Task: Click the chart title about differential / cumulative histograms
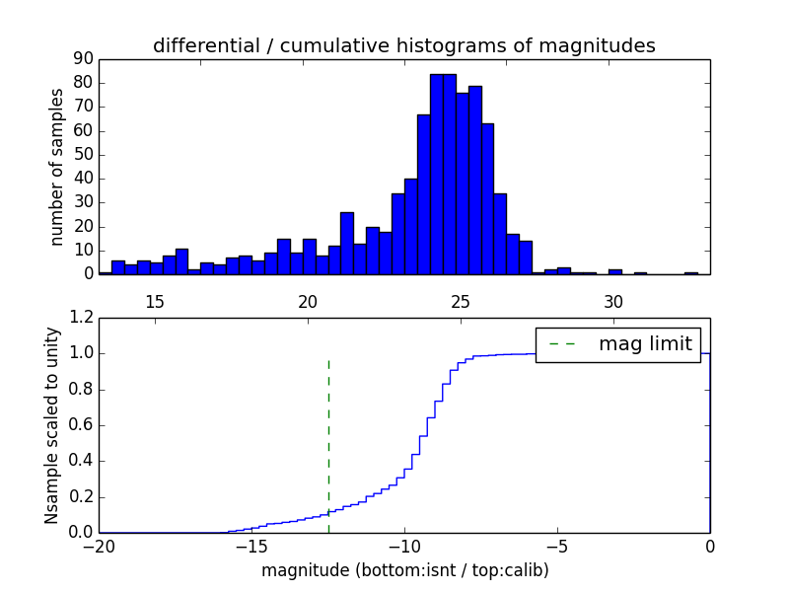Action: pos(403,45)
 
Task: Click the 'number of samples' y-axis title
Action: pos(57,167)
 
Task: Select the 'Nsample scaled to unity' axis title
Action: pos(51,425)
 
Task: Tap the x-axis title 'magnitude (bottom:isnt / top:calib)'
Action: pos(404,570)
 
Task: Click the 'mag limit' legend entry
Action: pos(645,344)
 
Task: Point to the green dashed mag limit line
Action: pos(328,444)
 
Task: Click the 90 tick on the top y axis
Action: pos(83,59)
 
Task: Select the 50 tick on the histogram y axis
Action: pos(83,155)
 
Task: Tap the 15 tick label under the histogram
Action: pos(155,301)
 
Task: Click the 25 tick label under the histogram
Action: pos(461,301)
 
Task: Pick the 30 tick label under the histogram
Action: pos(613,301)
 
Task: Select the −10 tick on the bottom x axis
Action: pos(404,547)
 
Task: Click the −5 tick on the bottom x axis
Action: pos(557,547)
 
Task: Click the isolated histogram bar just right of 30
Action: pos(614,271)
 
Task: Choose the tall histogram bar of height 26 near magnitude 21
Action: pos(347,244)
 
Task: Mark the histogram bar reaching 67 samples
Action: pos(423,194)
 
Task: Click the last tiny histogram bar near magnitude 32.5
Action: pos(691,273)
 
